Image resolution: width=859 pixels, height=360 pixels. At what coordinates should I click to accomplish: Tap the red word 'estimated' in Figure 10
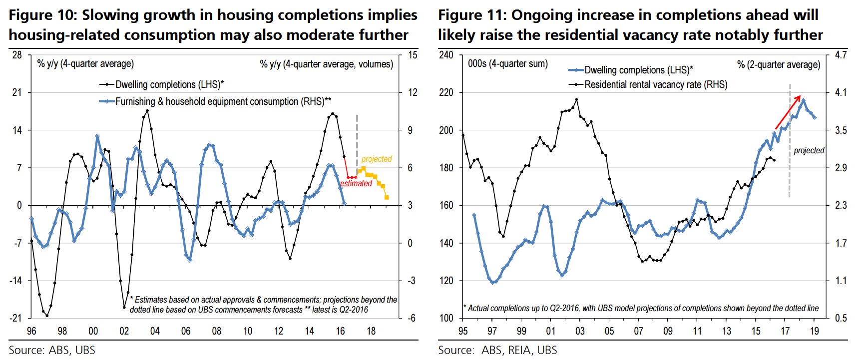pos(356,183)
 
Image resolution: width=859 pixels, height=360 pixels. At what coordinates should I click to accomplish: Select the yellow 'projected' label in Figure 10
pos(377,159)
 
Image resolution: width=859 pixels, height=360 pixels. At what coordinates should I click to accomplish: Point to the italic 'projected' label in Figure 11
pos(809,150)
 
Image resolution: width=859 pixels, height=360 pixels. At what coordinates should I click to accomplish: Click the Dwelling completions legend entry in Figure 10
pos(162,84)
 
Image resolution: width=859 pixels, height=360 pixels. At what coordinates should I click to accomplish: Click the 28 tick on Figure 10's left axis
pos(17,55)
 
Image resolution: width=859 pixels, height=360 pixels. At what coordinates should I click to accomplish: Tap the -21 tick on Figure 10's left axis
pos(16,318)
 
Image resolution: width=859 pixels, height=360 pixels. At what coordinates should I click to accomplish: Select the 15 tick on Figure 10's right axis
pos(413,55)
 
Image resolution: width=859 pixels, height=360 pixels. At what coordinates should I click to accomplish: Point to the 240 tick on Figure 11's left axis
pos(446,55)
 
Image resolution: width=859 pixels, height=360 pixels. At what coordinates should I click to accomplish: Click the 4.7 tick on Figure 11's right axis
pos(841,55)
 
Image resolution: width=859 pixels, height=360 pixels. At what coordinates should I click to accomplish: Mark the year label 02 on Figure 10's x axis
pos(124,331)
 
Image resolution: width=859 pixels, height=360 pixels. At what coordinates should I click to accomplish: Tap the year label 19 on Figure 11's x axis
pos(815,331)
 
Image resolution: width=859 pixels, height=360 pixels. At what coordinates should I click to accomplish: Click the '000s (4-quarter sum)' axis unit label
pos(507,64)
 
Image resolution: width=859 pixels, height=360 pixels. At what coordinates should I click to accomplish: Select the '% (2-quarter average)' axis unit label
pos(778,64)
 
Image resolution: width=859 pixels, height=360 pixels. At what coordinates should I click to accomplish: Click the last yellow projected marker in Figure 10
pos(387,197)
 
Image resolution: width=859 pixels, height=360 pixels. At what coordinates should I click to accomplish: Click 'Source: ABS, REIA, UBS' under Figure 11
pos(497,350)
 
